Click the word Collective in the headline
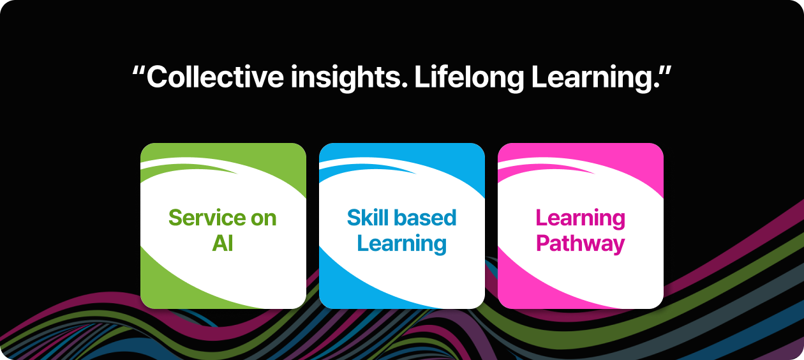coord(215,77)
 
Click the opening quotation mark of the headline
coord(138,71)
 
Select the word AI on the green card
coord(223,243)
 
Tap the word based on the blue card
coord(425,218)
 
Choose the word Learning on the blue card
coord(401,244)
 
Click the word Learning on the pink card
coord(581,219)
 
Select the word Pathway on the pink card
coord(581,244)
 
